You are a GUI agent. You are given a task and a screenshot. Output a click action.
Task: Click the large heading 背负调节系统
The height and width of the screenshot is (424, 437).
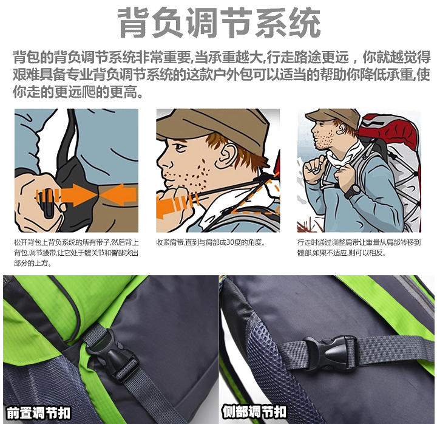tap(219, 23)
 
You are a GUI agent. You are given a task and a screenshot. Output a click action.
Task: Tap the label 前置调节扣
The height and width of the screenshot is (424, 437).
tap(38, 413)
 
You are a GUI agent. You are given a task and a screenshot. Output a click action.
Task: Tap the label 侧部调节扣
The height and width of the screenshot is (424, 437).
tap(254, 412)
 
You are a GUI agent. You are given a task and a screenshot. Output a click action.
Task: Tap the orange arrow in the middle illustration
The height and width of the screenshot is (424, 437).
tap(174, 205)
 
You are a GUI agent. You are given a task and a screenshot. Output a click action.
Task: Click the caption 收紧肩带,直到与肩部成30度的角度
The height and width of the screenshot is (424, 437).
tap(210, 242)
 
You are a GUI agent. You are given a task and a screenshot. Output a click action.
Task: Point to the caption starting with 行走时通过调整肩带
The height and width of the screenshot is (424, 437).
tap(359, 247)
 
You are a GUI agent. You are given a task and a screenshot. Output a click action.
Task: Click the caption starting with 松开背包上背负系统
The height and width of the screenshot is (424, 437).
tap(76, 253)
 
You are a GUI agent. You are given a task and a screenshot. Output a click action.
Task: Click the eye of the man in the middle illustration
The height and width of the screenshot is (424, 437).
tap(178, 147)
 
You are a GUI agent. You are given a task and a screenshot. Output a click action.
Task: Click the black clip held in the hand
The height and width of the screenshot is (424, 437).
tap(48, 203)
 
